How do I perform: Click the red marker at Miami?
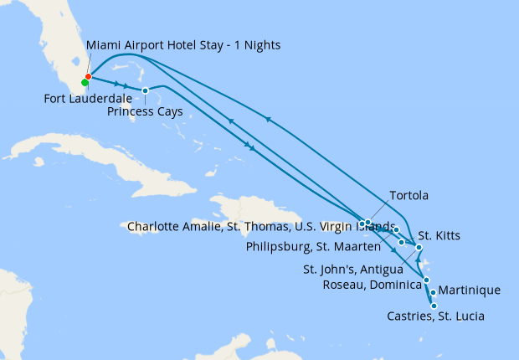88,77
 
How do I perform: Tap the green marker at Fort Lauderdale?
85,83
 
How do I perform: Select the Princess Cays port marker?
145,90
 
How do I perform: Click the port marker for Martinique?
433,292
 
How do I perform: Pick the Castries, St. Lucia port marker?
434,306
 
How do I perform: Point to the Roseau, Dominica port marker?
426,280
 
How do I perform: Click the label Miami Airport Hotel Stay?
183,44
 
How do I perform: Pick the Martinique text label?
470,291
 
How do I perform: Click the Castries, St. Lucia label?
435,316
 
